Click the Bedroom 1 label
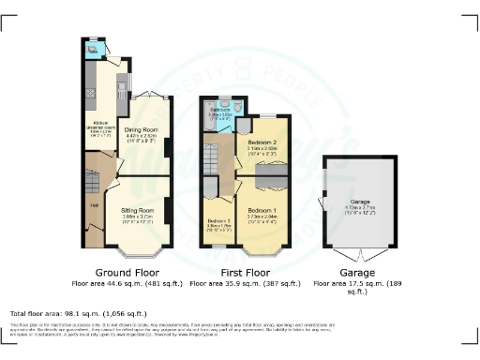pyautogui.click(x=262, y=211)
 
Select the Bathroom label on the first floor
pyautogui.click(x=220, y=110)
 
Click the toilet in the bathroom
pyautogui.click(x=241, y=110)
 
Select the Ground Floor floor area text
pyautogui.click(x=125, y=281)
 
